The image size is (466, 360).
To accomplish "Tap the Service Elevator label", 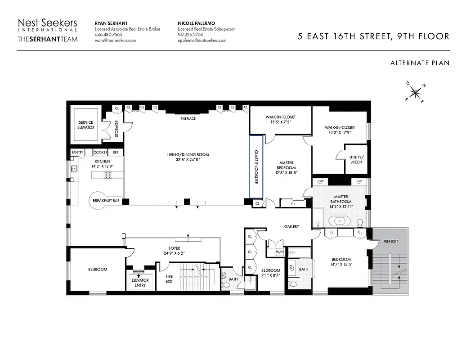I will tap(86, 125).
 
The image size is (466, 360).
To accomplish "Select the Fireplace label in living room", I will tap(188, 118).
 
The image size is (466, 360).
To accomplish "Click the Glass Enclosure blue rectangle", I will tap(256, 166).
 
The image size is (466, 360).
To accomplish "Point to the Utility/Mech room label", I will tap(356, 159).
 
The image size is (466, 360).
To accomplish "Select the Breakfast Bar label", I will tap(106, 201).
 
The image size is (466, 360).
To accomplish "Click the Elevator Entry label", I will tap(140, 283).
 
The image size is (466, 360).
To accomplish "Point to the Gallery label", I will tap(291, 226).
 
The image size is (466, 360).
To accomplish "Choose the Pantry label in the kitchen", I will tap(77, 153).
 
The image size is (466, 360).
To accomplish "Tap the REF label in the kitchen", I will tap(116, 153).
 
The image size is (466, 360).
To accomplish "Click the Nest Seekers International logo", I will tap(47, 31).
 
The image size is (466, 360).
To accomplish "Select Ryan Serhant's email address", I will tap(115, 40).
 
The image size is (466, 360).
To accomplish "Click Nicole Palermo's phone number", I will tap(190, 35).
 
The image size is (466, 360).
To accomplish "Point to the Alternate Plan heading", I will tap(420, 63).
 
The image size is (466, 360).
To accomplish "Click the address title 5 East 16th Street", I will tap(373, 36).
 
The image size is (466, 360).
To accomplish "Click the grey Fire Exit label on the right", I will tap(390, 242).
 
